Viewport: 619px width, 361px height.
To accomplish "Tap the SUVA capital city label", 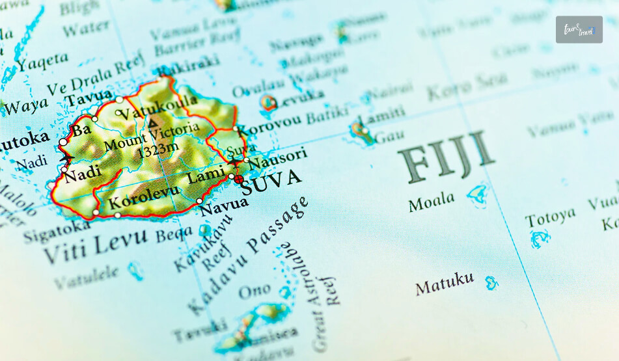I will tap(271, 181).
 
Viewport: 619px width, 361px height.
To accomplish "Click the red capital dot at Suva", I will tap(239, 178).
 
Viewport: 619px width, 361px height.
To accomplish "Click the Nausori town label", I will tap(278, 159).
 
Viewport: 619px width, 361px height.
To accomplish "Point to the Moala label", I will tap(432, 202).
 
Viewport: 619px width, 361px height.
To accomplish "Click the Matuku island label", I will tap(445, 284).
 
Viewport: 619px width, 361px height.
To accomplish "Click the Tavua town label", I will tap(89, 98).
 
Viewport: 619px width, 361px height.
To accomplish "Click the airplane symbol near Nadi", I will tap(66, 159).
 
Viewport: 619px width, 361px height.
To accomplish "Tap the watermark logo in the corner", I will tap(579, 29).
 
